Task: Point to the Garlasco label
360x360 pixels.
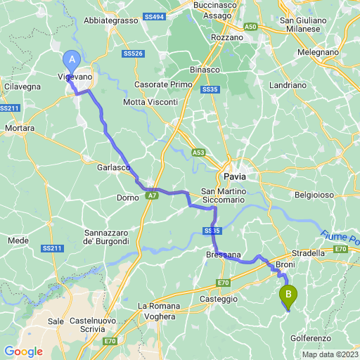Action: tap(114, 168)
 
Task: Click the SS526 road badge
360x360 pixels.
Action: tap(133, 53)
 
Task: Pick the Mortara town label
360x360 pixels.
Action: tap(20, 129)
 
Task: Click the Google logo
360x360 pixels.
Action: tap(23, 352)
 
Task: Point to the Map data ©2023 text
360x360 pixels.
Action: tap(330, 354)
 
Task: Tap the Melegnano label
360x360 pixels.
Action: tap(319, 52)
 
